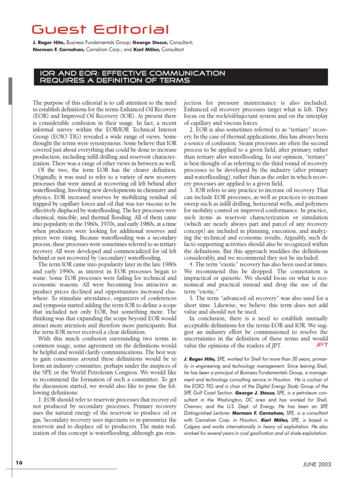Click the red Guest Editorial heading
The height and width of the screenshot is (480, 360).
99,30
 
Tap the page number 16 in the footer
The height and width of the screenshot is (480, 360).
18,463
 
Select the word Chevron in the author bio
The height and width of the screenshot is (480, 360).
194,397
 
